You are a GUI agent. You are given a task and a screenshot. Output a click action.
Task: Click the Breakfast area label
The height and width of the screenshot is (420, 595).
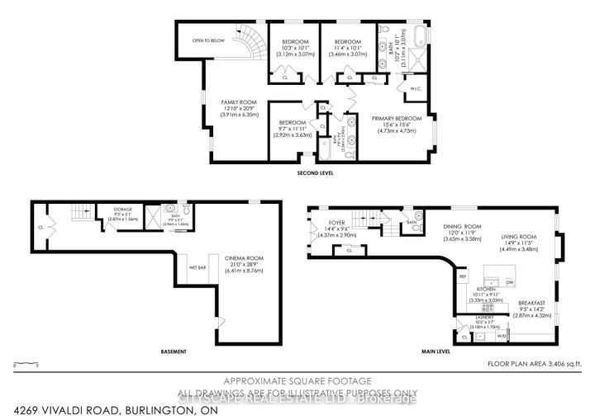pyautogui.click(x=519, y=300)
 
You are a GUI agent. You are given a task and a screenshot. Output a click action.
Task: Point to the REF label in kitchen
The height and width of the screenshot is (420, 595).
pyautogui.click(x=464, y=276)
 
